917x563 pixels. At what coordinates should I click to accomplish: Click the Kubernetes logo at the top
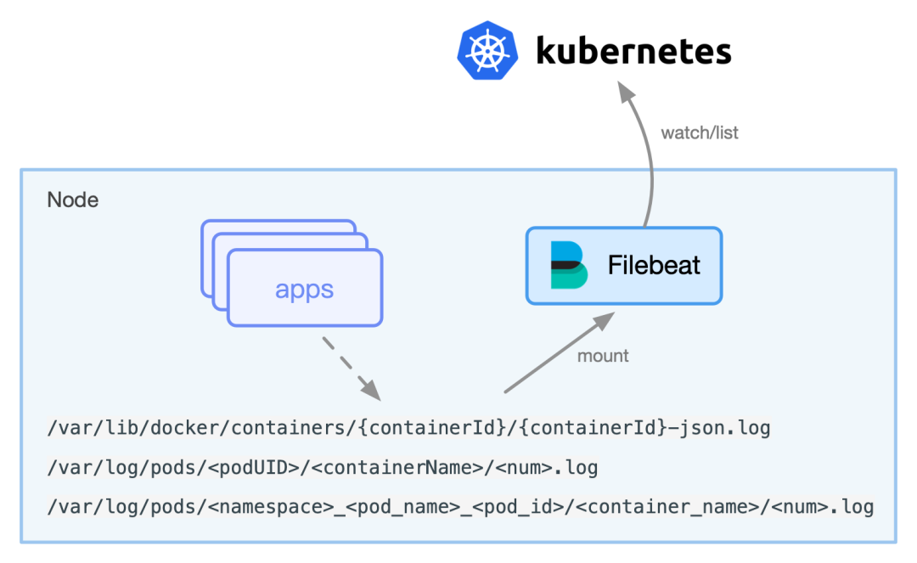[487, 50]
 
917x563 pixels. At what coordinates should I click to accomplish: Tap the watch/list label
[700, 132]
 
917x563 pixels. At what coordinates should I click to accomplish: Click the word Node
[73, 200]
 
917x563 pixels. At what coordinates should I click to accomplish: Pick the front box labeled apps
[305, 290]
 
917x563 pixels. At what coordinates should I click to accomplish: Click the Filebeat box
[624, 265]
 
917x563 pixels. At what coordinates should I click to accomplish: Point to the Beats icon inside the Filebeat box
[568, 265]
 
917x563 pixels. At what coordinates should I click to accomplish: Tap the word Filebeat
[654, 265]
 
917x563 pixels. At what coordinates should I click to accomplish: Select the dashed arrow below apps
[350, 368]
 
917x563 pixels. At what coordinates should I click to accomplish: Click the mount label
[603, 356]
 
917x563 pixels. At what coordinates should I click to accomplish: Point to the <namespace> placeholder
[262, 507]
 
